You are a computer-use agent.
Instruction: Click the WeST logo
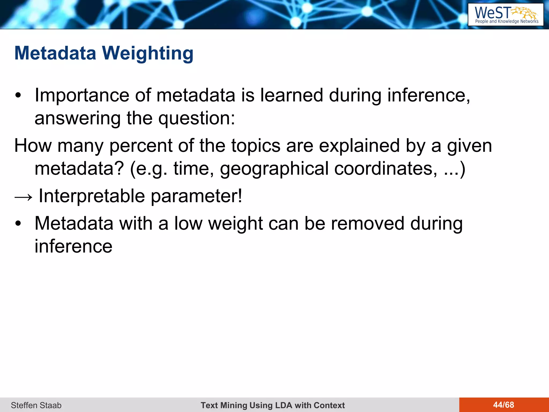click(506, 14)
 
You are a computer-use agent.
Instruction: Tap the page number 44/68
click(503, 405)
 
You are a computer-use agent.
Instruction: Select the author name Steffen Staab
click(36, 405)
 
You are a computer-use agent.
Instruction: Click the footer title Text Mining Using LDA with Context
click(273, 405)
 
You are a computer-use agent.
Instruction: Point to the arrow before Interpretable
click(23, 197)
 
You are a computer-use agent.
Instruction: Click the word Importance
click(82, 95)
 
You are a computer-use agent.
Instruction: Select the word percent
click(141, 146)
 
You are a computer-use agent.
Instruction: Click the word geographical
click(274, 169)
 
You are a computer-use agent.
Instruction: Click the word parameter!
click(196, 196)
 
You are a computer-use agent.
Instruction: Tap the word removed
click(368, 223)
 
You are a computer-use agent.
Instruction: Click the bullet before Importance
click(18, 95)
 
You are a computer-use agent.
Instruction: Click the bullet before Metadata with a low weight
click(18, 223)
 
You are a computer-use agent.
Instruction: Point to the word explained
click(359, 146)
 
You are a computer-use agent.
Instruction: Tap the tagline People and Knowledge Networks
click(507, 21)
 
